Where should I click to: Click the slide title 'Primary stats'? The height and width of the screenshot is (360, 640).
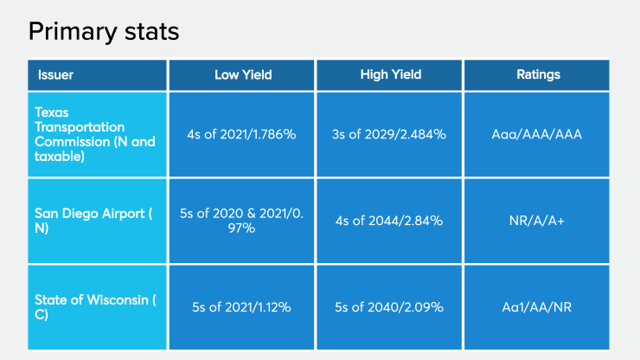(x=104, y=32)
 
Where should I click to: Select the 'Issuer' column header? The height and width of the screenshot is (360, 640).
(x=55, y=74)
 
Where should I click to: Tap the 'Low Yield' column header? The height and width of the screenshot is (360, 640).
(x=243, y=74)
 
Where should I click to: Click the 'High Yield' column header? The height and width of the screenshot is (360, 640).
(x=390, y=74)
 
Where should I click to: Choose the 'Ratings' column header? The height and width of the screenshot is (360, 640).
(x=538, y=74)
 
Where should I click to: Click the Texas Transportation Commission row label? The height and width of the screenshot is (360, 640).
(x=95, y=134)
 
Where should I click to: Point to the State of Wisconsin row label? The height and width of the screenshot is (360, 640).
(x=95, y=307)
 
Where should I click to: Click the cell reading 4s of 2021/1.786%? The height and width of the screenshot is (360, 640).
(x=243, y=134)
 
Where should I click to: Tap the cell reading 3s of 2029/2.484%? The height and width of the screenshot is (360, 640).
(x=390, y=134)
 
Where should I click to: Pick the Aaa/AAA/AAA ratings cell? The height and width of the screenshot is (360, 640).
(x=537, y=134)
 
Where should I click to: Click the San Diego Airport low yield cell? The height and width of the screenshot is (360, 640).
(x=243, y=221)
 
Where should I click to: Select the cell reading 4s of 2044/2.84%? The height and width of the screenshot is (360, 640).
(x=390, y=221)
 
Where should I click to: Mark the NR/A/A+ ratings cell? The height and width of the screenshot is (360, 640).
(x=537, y=221)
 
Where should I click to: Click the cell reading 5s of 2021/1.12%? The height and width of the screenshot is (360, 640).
(x=243, y=307)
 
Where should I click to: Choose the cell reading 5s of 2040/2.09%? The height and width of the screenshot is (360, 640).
(x=390, y=307)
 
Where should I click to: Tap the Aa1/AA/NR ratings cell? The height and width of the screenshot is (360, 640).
(x=537, y=307)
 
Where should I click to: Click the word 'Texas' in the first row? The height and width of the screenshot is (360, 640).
(x=51, y=112)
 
